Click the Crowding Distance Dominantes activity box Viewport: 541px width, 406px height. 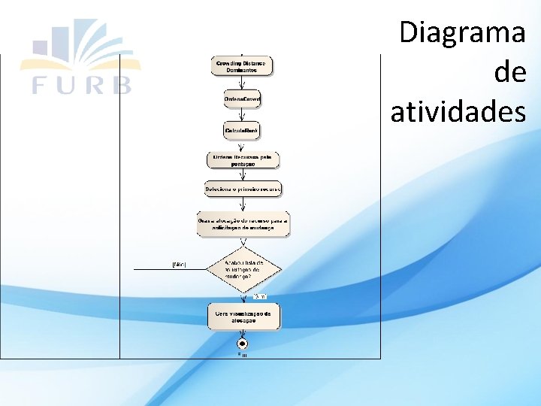pos(241,66)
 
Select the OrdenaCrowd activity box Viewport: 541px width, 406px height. pos(241,99)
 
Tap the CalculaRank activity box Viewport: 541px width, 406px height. pos(241,131)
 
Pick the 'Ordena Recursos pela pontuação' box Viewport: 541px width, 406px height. pos(243,160)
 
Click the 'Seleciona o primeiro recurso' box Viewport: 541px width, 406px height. pos(243,189)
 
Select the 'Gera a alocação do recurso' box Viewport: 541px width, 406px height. pos(243,224)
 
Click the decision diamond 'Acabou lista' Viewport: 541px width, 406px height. pos(243,268)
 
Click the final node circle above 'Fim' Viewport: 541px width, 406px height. pos(242,344)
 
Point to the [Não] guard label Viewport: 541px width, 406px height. pos(180,265)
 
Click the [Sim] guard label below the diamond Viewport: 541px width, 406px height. pos(259,296)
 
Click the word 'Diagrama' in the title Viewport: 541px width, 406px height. pos(462,33)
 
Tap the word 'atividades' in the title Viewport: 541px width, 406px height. pos(458,112)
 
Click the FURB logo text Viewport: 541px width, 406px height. pos(82,83)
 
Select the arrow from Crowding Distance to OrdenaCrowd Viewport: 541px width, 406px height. pos(241,83)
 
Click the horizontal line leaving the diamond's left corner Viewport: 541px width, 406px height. pos(169,268)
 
